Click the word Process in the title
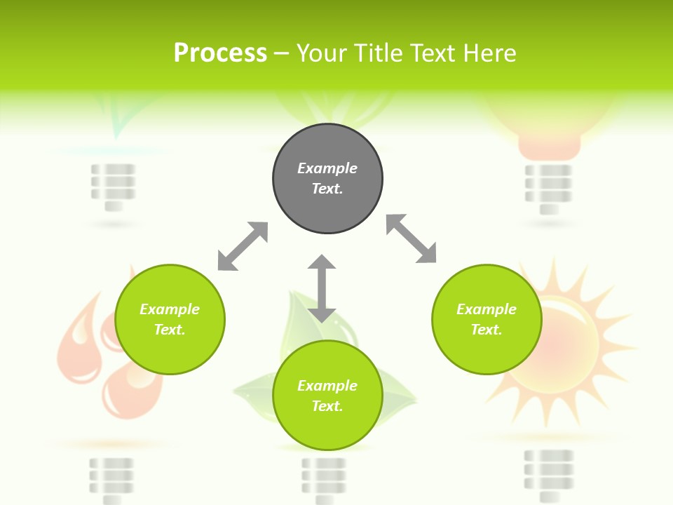(220, 53)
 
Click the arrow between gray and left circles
(243, 246)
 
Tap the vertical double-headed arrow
(322, 288)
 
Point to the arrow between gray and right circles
(412, 239)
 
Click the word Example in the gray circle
(327, 168)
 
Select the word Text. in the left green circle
(170, 330)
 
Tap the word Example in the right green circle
(487, 309)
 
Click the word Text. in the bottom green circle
(327, 406)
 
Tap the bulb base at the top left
(113, 186)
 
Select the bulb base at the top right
(548, 188)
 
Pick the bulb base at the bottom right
(548, 474)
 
